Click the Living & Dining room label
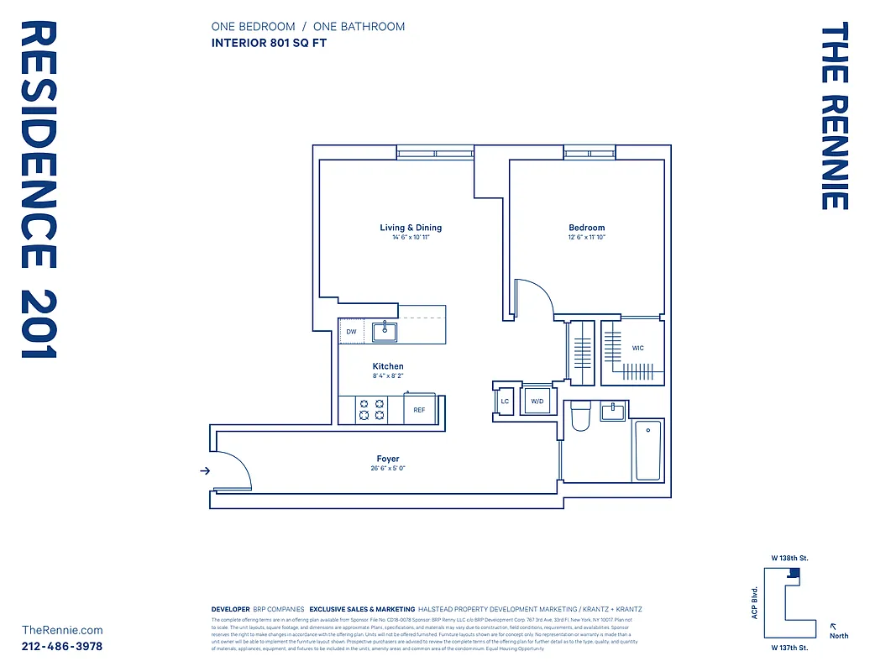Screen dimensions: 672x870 tap(411, 228)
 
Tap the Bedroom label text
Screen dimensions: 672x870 tap(586, 228)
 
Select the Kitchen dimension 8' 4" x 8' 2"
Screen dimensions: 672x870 tap(388, 376)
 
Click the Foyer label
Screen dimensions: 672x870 tap(387, 459)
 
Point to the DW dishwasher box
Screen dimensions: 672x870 tap(351, 332)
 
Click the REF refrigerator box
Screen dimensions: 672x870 tap(419, 411)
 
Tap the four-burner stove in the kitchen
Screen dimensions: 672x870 tap(372, 410)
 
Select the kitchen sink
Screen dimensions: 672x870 tap(385, 332)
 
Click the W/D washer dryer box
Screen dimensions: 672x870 tap(537, 402)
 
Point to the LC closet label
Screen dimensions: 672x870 tap(505, 402)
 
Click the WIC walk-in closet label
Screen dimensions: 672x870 tap(638, 348)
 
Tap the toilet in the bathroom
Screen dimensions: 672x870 tap(581, 417)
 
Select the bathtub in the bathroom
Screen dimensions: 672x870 tap(647, 450)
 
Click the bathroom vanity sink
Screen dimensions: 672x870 tap(613, 411)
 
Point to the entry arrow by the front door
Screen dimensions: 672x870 tap(204, 471)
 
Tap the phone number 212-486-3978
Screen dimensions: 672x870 tap(62, 646)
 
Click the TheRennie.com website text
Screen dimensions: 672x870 tap(62, 630)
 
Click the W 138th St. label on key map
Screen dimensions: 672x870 tap(789, 558)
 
